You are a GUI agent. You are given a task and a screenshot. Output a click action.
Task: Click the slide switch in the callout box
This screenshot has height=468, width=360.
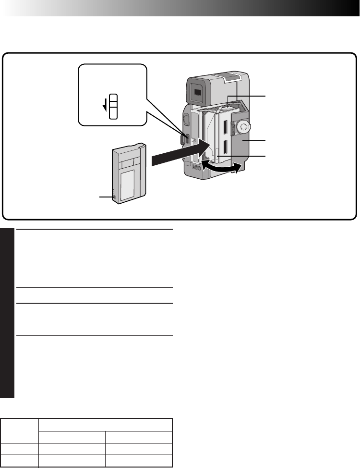tap(113, 106)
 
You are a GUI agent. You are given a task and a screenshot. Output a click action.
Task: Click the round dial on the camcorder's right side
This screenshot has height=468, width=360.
tap(243, 127)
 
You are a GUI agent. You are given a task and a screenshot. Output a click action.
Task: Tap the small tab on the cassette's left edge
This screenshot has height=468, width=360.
tap(113, 195)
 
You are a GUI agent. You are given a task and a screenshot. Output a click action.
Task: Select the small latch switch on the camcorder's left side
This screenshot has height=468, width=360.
tap(184, 139)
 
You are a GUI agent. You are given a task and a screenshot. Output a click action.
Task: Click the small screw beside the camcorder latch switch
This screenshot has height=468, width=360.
tap(191, 141)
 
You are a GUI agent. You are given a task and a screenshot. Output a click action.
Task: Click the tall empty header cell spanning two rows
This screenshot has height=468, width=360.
tap(19, 430)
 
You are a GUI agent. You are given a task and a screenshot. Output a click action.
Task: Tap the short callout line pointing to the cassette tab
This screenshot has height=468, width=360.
tap(105, 197)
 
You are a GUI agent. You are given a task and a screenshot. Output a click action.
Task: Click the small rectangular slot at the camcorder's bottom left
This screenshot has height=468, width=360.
tap(197, 168)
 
